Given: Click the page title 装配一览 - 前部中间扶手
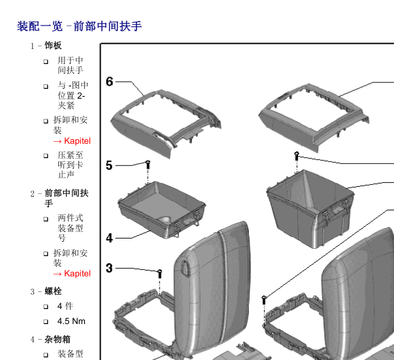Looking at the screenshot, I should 80,26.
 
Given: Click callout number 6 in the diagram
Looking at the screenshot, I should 110,82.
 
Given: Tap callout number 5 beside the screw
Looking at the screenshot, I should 110,165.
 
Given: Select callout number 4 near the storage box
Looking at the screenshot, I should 110,238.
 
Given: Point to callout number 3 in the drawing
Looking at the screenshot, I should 110,267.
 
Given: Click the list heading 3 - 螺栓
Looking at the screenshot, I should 46,291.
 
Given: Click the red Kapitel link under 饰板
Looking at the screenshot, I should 72,141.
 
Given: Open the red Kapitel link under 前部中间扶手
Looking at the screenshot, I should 72,274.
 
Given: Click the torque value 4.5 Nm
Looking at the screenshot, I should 71,321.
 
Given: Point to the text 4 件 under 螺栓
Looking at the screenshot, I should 65,306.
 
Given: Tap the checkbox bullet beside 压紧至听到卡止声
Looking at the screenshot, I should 46,156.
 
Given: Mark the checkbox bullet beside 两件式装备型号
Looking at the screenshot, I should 46,219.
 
